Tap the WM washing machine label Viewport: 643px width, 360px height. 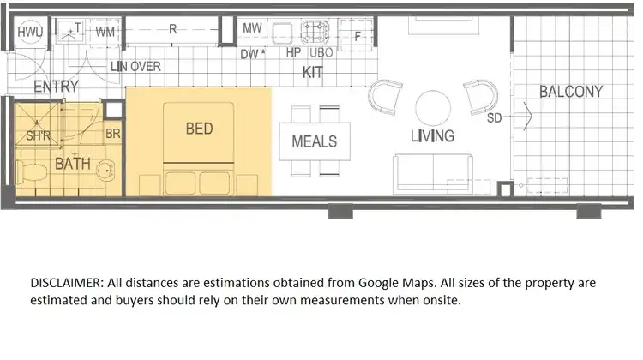(105, 32)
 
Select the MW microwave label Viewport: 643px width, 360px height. (252, 28)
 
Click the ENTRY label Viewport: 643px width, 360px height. (56, 87)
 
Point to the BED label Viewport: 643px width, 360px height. (199, 129)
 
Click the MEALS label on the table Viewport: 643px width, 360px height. (315, 141)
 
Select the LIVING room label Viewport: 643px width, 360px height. (432, 135)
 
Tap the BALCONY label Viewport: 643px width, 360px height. (571, 92)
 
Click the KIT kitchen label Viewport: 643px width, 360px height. (313, 73)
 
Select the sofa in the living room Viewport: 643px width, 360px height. (431, 173)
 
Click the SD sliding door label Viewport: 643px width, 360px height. (494, 118)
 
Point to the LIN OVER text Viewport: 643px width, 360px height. (135, 67)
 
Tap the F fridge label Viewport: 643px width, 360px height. (358, 37)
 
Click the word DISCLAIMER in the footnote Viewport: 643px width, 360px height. (68, 282)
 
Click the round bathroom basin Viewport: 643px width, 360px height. (105, 169)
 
